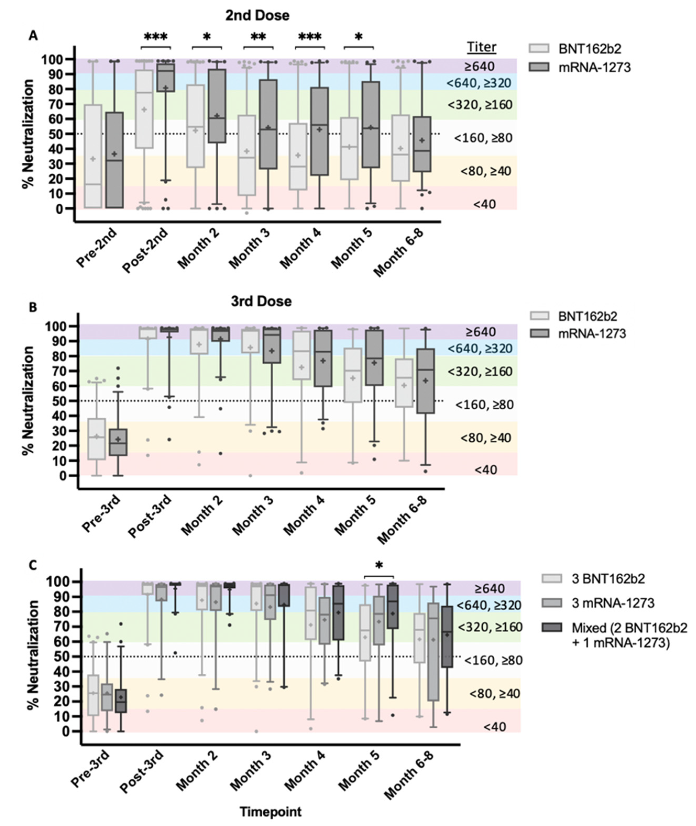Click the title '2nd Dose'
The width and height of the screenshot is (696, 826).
pos(257,15)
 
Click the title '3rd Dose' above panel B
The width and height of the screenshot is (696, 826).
pos(261,301)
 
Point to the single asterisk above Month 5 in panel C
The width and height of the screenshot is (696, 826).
pos(379,566)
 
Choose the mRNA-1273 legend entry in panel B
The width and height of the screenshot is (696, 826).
pos(592,334)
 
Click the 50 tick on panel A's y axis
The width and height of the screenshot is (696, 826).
pos(60,134)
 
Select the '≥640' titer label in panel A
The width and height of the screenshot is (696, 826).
pos(479,66)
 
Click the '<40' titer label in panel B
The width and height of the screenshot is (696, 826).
pos(485,470)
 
